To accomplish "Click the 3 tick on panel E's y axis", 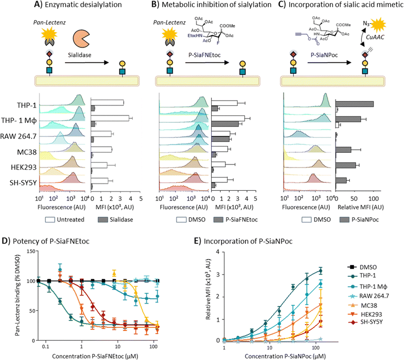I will [x=218, y=272].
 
